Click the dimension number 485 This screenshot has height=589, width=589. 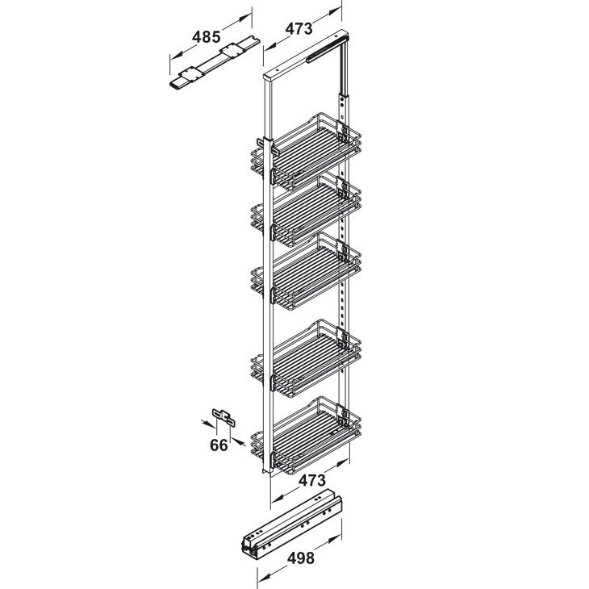tap(206, 37)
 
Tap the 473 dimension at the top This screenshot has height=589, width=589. tap(299, 28)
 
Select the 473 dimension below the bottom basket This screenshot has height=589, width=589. tap(312, 480)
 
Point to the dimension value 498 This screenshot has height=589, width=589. tap(300, 558)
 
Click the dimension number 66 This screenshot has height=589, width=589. tap(219, 445)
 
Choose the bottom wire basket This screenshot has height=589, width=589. tap(306, 435)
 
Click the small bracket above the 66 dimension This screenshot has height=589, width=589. tap(223, 417)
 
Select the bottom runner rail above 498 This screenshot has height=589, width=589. tap(291, 524)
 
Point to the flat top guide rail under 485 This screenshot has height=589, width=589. tap(215, 62)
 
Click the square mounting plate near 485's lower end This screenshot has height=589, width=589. tap(190, 74)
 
